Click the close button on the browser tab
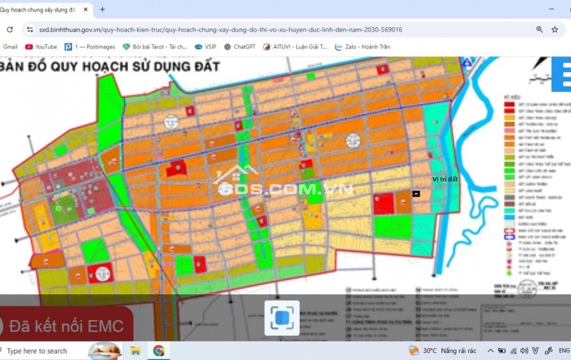[x=86, y=10]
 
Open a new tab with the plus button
[x=102, y=10]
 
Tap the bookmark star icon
[x=555, y=30]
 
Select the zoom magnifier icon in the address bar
[x=540, y=30]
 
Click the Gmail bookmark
[x=10, y=47]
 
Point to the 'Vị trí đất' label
[x=445, y=179]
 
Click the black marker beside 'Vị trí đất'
[x=416, y=194]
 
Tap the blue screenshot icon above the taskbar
[x=282, y=318]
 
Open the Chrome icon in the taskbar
[x=158, y=351]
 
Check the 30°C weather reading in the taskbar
[x=430, y=351]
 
